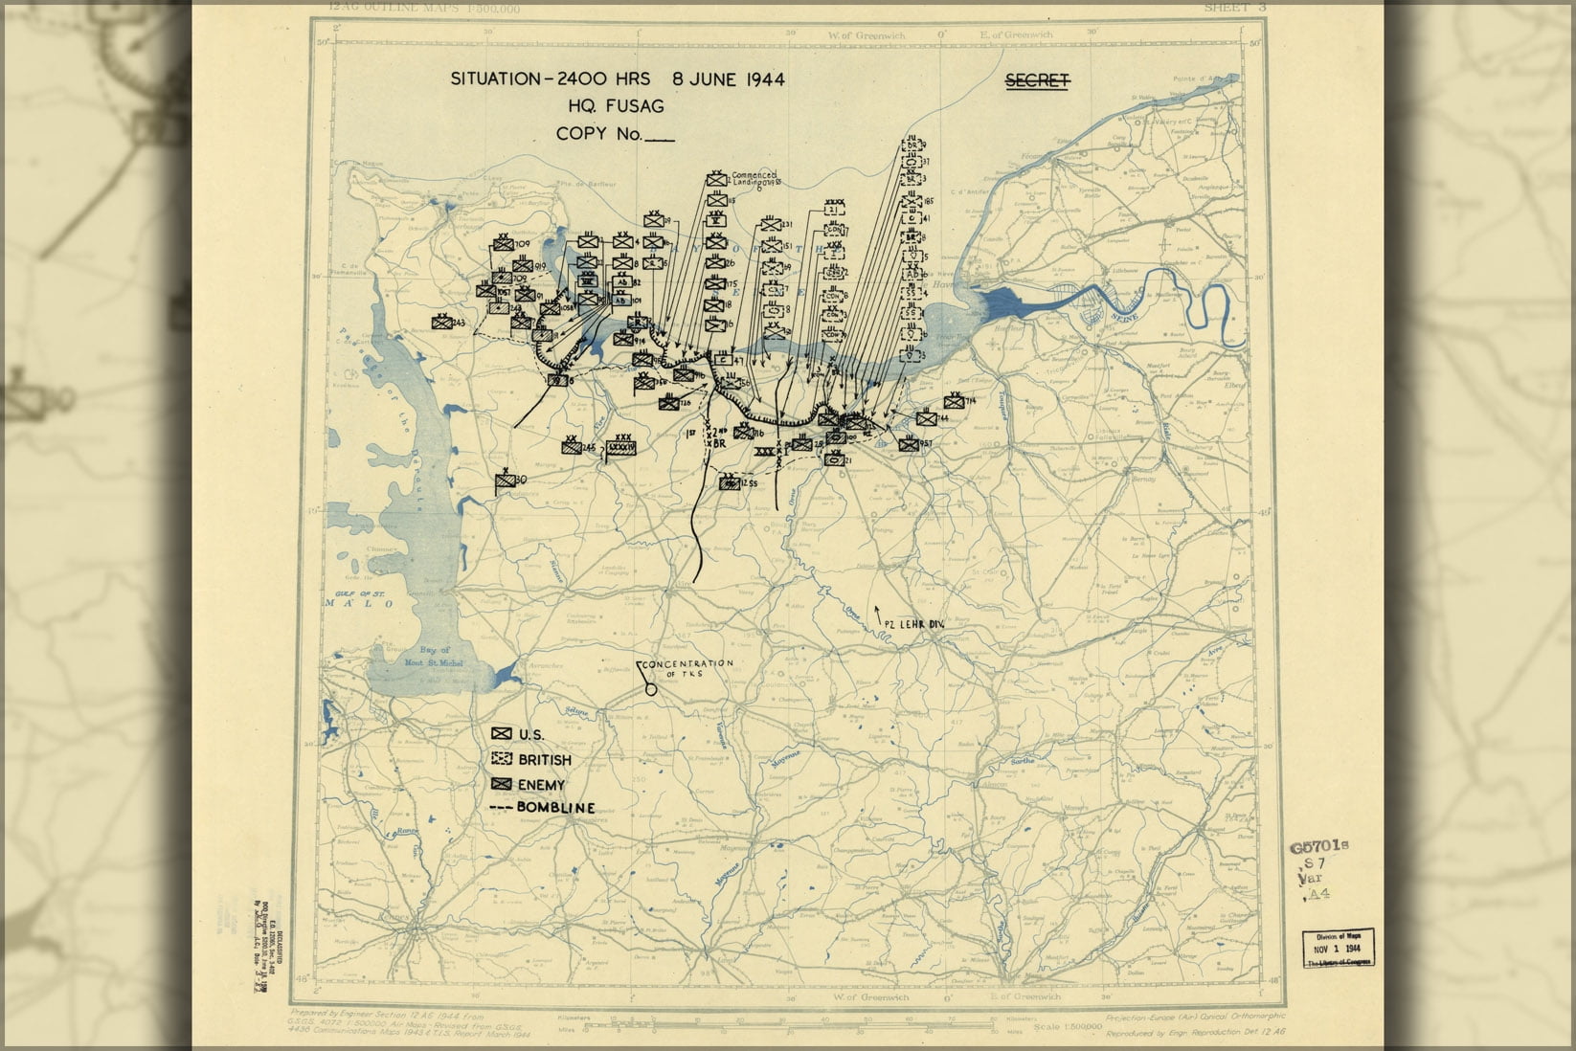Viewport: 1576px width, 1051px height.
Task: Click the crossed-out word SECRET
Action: (x=1037, y=80)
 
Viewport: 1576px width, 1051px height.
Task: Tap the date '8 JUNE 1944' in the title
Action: (x=729, y=79)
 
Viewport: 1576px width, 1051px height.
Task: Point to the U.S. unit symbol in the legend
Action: (x=501, y=733)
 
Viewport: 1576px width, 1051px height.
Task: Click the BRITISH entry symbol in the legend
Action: (x=501, y=759)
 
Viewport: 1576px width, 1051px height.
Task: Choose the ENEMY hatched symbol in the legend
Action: (x=501, y=784)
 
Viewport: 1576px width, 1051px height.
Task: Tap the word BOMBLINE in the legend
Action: (x=555, y=808)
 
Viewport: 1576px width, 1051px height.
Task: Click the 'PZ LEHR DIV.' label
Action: (x=913, y=624)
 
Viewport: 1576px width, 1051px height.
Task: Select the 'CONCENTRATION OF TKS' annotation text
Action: (x=687, y=668)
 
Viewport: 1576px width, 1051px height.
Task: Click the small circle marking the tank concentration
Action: (x=651, y=685)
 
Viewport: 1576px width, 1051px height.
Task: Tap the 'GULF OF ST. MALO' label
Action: (x=355, y=599)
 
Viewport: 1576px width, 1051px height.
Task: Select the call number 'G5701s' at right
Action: (x=1318, y=846)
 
